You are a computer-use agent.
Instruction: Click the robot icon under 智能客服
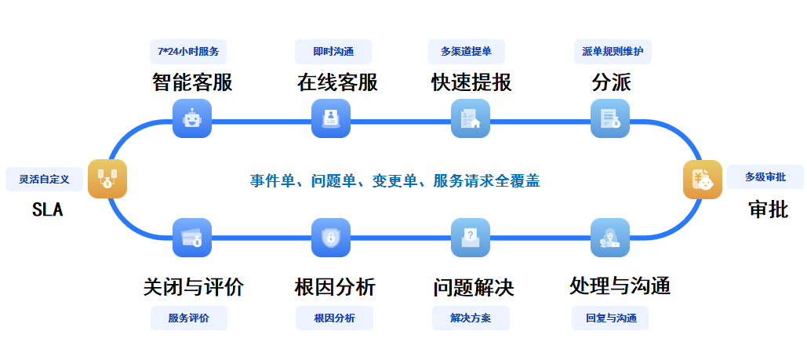coord(192,119)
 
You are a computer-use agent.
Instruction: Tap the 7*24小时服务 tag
coord(188,52)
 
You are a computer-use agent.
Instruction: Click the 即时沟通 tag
coord(333,52)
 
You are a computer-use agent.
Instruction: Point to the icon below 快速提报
coord(471,119)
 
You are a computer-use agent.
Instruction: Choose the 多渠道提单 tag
coord(467,52)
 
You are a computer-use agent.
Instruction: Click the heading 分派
coord(611,82)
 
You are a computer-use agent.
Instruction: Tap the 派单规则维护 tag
coord(613,52)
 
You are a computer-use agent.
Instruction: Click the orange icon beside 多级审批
coord(703,180)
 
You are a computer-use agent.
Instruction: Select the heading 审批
coord(768,209)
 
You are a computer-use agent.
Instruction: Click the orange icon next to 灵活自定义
coord(107,180)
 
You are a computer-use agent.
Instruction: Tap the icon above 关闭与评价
coord(192,238)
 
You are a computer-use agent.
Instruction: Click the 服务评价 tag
coord(188,318)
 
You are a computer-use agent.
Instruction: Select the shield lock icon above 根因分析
coord(331,238)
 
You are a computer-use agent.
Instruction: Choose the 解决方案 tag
coord(471,318)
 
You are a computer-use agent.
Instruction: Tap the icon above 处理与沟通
coord(610,238)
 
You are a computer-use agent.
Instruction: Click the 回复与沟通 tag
coord(611,318)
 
